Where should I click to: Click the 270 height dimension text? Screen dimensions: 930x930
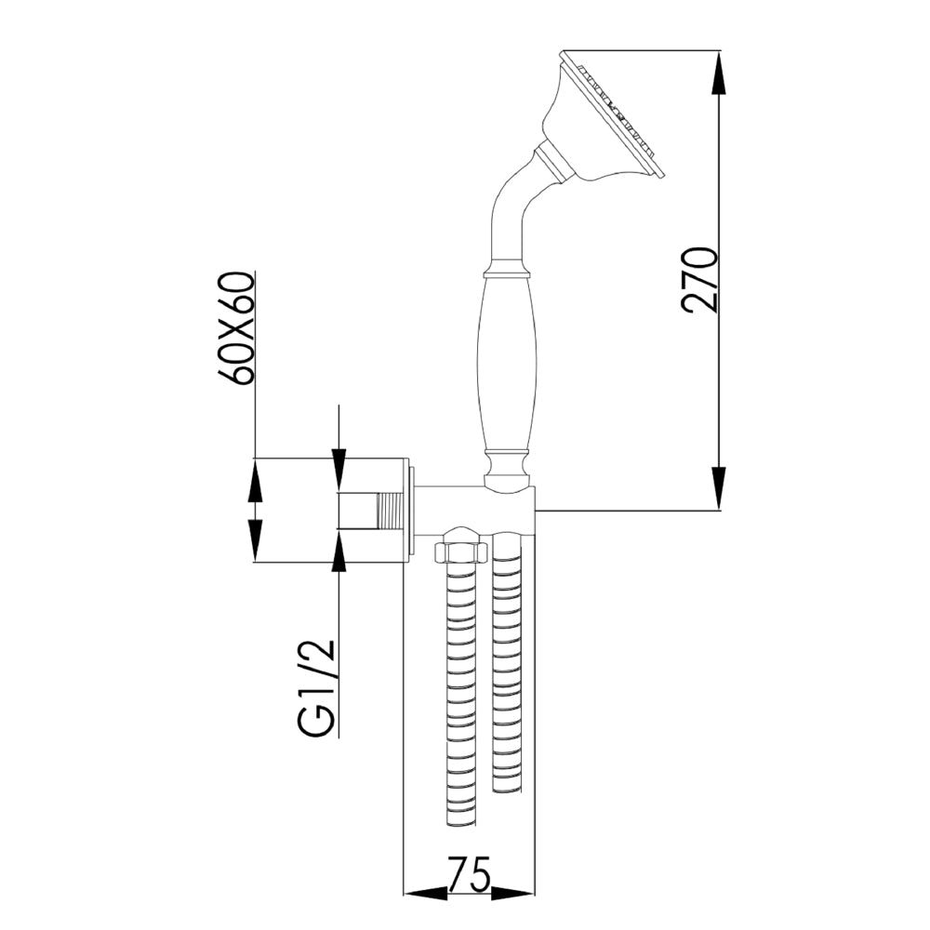699,279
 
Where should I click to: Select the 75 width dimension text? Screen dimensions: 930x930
470,876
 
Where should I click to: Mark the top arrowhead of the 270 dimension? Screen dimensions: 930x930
721,74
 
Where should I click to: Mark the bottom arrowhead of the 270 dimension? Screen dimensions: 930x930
721,488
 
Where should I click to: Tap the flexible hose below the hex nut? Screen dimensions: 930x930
462,697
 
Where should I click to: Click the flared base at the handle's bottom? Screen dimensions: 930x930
507,472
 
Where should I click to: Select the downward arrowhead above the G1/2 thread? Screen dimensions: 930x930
339,471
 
